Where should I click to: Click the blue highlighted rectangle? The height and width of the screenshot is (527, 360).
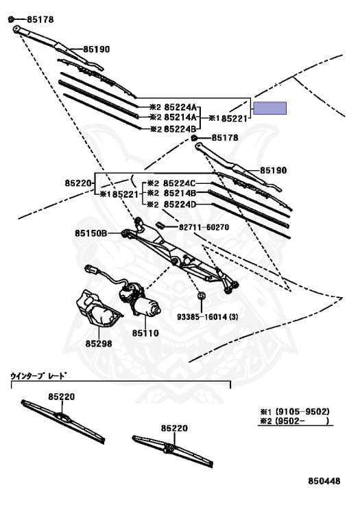tap(269, 108)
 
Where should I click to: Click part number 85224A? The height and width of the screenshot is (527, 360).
tap(180, 107)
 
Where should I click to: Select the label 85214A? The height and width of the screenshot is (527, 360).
tap(180, 117)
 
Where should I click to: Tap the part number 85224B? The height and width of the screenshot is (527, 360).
tap(180, 129)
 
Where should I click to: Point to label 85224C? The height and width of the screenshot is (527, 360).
tap(179, 183)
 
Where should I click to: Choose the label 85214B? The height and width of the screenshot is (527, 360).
tap(180, 194)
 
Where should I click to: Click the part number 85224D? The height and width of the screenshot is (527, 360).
tap(180, 204)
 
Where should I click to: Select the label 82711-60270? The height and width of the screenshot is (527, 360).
tap(204, 227)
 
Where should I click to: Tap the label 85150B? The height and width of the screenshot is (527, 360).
tap(91, 233)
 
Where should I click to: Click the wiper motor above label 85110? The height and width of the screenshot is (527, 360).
tap(139, 300)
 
